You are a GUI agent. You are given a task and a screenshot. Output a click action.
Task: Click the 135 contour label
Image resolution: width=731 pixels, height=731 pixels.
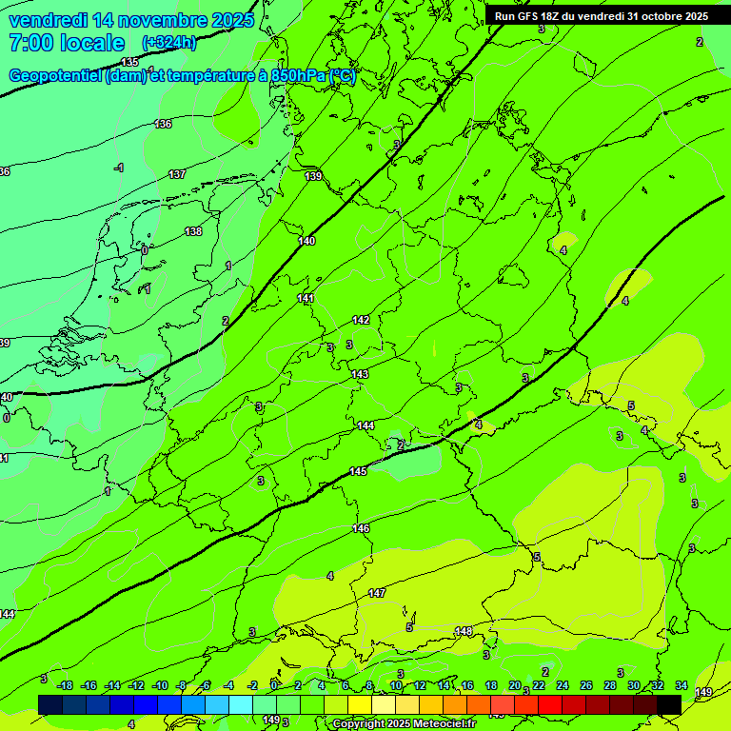[x=129, y=89]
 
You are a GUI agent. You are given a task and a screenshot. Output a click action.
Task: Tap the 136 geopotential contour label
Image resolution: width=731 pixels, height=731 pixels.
[x=164, y=124]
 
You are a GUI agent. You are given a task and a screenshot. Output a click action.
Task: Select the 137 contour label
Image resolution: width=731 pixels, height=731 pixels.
[x=177, y=174]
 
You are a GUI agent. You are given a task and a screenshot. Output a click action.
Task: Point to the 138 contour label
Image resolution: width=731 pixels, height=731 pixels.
[x=193, y=231]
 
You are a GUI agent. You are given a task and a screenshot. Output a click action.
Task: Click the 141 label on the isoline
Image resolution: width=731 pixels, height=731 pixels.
[x=306, y=298]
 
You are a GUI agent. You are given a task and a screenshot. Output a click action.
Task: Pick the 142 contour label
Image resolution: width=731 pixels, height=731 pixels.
[x=361, y=320]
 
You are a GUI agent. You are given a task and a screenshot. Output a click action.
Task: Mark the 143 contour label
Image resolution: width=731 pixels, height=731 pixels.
[x=360, y=374]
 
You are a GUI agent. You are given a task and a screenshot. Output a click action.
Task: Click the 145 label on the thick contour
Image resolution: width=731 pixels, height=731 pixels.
[x=358, y=471]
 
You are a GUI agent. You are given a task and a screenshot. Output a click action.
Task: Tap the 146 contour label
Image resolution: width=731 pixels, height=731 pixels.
[x=361, y=528]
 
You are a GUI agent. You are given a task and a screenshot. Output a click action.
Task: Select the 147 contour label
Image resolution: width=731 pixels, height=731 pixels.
[x=377, y=593]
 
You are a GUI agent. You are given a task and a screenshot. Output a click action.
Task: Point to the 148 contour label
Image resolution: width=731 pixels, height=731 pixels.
[x=464, y=631]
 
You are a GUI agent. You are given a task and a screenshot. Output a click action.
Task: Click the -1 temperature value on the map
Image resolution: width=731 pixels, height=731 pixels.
[x=119, y=168]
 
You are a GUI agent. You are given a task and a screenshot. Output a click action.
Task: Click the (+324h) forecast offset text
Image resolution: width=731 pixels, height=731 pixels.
[x=168, y=43]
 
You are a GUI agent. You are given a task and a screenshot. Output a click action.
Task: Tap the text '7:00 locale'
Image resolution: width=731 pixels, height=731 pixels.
[x=66, y=43]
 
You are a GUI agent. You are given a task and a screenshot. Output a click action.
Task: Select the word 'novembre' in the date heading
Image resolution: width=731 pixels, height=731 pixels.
[x=153, y=19]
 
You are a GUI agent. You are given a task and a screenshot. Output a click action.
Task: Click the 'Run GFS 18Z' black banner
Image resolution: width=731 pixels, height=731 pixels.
[x=601, y=16]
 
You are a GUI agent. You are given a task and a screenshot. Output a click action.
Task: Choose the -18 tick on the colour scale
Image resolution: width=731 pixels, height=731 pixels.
[x=65, y=685]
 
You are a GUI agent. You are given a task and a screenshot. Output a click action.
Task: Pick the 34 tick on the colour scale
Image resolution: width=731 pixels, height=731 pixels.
[x=682, y=685]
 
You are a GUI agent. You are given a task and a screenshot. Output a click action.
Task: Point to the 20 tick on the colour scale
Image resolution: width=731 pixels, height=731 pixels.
[x=515, y=685]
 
